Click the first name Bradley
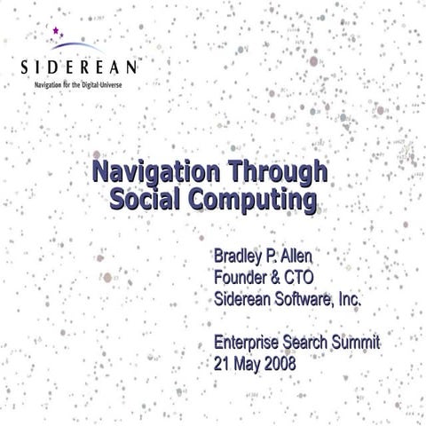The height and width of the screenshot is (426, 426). click(x=239, y=257)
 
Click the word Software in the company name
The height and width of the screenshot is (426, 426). click(x=302, y=300)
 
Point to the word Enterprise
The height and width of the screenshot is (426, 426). click(x=251, y=343)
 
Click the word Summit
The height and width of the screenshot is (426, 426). click(x=353, y=343)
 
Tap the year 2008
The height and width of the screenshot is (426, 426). click(x=279, y=364)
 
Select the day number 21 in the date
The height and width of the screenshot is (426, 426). click(x=224, y=364)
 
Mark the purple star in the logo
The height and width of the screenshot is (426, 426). click(x=58, y=31)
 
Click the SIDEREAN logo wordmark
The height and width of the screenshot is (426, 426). click(x=79, y=67)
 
